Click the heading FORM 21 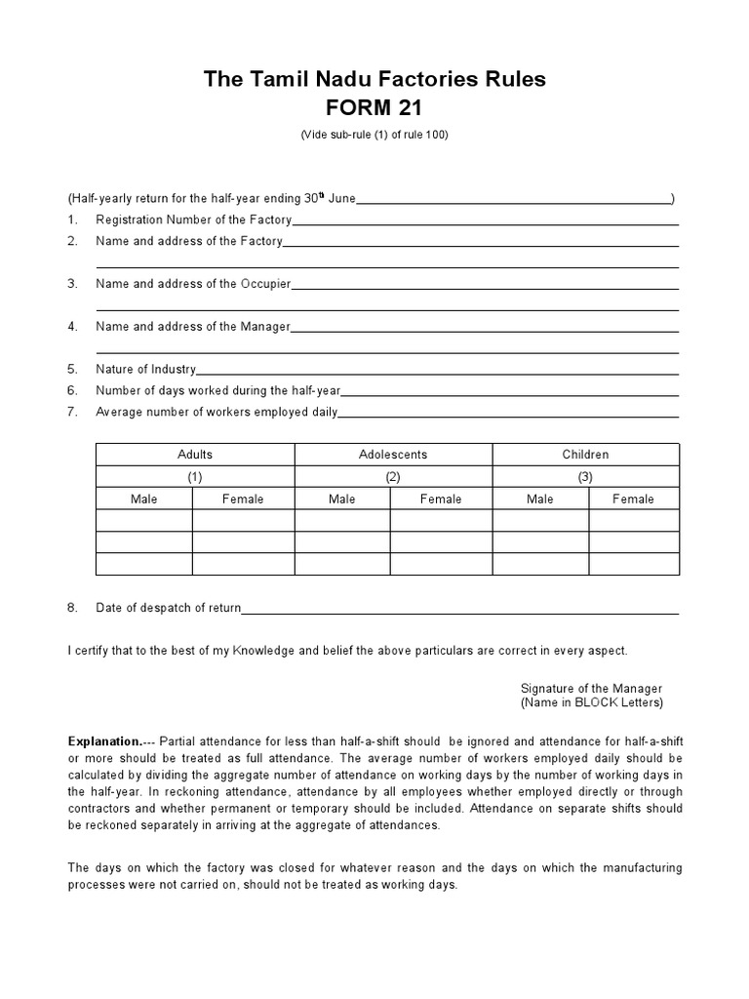tap(374, 107)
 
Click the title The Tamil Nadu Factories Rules tap(374, 79)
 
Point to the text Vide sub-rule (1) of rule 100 tap(374, 136)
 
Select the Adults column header tap(195, 455)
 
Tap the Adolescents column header tap(393, 455)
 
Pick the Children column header tap(585, 455)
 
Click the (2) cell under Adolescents tap(393, 477)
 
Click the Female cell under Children tap(633, 499)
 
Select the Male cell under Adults tap(144, 499)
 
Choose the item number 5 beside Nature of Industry tap(72, 370)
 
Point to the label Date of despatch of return tap(168, 608)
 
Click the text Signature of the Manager tap(591, 688)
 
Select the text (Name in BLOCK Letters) tap(591, 702)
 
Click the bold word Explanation tap(104, 740)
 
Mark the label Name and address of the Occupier tap(193, 284)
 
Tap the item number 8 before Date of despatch tap(72, 608)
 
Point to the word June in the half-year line tap(341, 198)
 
